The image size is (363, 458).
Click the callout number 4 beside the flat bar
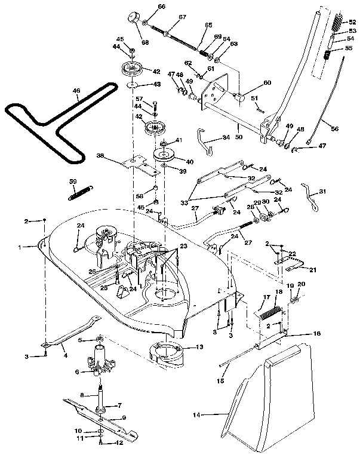coord(65,355)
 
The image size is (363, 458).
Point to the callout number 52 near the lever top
coord(352,22)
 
